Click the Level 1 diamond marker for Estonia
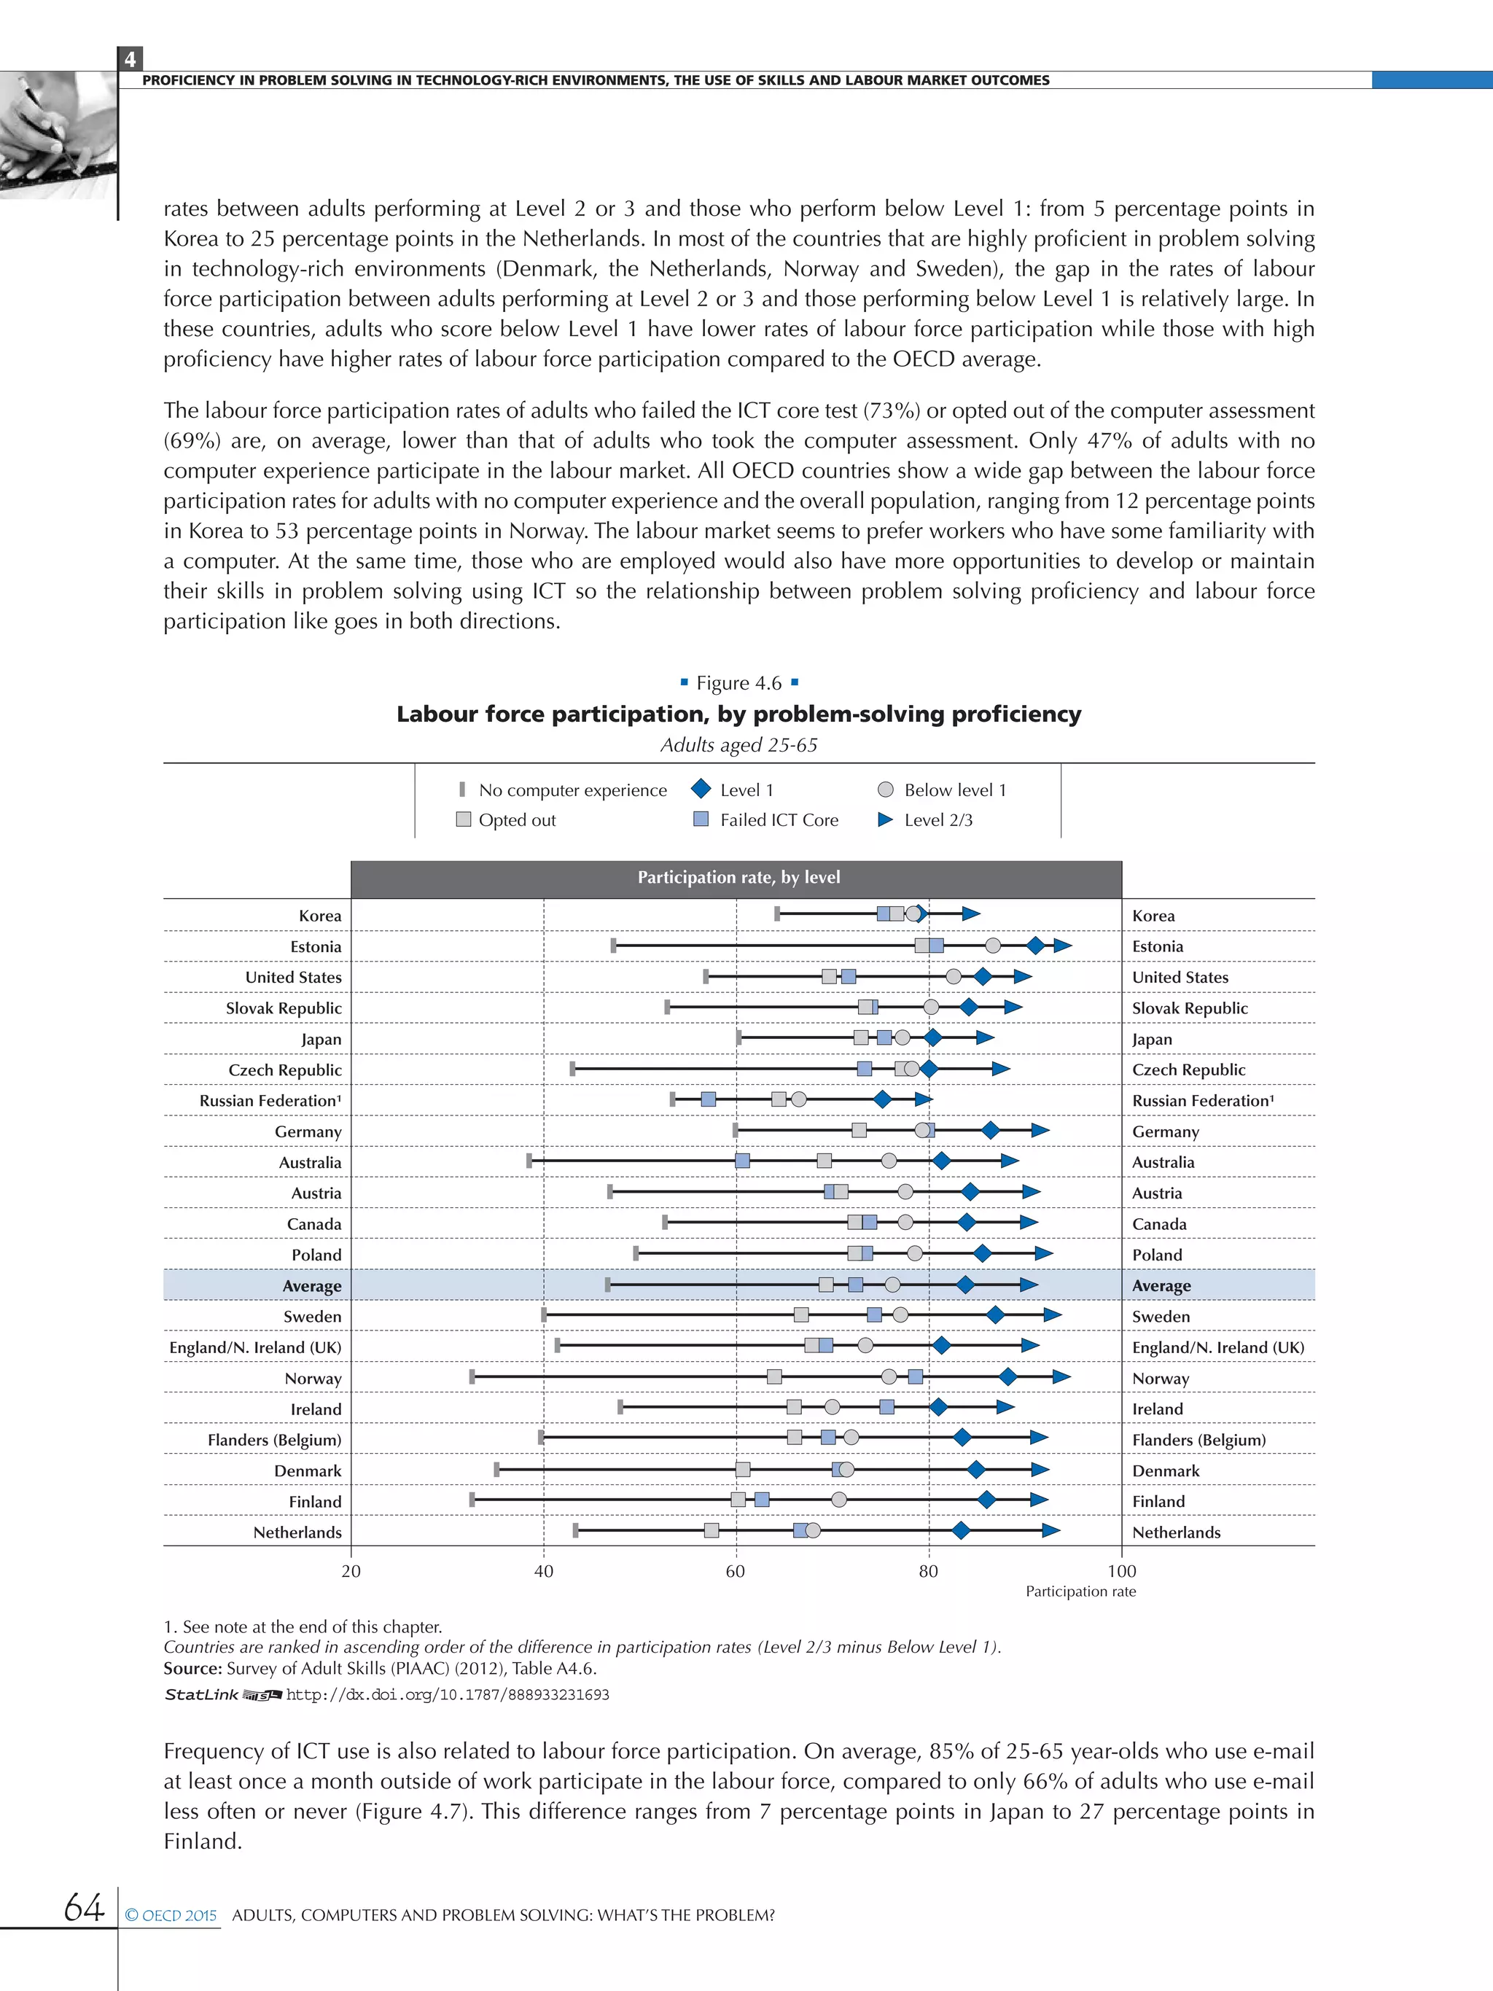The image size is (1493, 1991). pyautogui.click(x=1036, y=945)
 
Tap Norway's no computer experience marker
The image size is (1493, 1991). pyautogui.click(x=472, y=1376)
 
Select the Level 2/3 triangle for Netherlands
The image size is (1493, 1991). pyautogui.click(x=1050, y=1530)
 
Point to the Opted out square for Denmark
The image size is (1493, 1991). pyautogui.click(x=742, y=1470)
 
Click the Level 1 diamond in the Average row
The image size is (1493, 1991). pyautogui.click(x=964, y=1285)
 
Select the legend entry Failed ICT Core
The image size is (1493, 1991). pyautogui.click(x=779, y=820)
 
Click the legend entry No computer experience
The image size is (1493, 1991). pyautogui.click(x=572, y=790)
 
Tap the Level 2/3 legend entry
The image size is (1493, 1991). pyautogui.click(x=937, y=820)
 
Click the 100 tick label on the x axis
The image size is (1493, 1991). pyautogui.click(x=1121, y=1572)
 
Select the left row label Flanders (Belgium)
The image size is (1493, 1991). pyautogui.click(x=275, y=1439)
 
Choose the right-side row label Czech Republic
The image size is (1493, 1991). pyautogui.click(x=1188, y=1069)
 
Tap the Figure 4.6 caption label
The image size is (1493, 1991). pyautogui.click(x=739, y=683)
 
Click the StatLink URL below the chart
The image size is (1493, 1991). pyautogui.click(x=448, y=1695)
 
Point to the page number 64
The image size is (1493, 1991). pyautogui.click(x=84, y=1906)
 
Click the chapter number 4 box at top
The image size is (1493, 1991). pyautogui.click(x=130, y=59)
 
